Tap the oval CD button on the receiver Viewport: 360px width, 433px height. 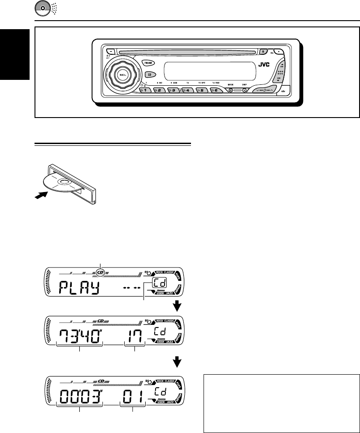(150, 74)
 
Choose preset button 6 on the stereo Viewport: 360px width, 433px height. (216, 90)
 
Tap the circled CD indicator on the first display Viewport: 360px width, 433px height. (101, 271)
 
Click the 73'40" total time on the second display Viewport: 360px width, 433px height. (79, 333)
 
